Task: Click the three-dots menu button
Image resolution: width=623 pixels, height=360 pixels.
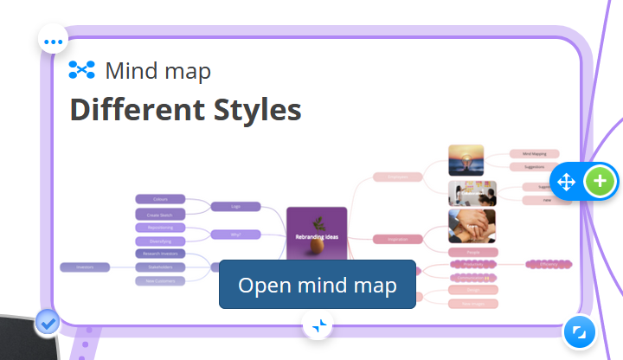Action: click(x=54, y=41)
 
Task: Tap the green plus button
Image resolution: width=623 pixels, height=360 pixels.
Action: click(x=601, y=182)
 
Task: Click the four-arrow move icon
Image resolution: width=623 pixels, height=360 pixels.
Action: click(x=566, y=182)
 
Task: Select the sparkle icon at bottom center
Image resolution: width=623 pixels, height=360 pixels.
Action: click(x=318, y=325)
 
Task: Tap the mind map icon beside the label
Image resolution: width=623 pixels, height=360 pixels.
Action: click(x=81, y=70)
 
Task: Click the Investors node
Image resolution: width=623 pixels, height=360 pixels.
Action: click(x=85, y=267)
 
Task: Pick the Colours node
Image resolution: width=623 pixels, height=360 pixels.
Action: click(x=160, y=199)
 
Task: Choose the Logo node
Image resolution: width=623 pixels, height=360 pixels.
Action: click(x=235, y=207)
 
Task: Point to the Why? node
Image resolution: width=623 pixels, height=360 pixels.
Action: click(x=235, y=234)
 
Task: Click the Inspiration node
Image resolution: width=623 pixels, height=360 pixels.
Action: click(x=396, y=239)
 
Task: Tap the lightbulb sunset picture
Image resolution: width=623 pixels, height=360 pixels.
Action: click(x=466, y=160)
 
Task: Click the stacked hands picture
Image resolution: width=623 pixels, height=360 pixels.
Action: click(x=472, y=225)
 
